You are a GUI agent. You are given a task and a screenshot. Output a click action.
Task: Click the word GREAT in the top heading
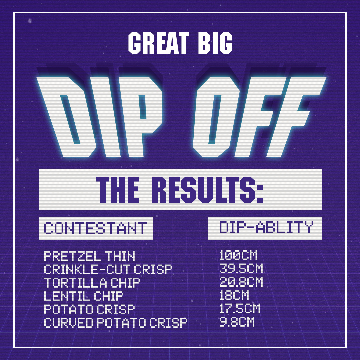pos(159,43)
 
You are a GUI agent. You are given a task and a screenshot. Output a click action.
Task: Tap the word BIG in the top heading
pos(215,43)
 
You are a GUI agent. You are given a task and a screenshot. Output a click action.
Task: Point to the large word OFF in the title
pos(259,117)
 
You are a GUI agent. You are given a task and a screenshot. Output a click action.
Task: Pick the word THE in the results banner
pos(118,190)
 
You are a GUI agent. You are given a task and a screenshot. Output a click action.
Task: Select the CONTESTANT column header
pos(95,228)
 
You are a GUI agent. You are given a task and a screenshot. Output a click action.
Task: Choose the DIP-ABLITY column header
pos(266,227)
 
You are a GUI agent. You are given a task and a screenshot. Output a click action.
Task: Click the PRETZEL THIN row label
pos(89,256)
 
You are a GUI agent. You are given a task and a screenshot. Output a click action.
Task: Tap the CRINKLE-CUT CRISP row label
pos(108,269)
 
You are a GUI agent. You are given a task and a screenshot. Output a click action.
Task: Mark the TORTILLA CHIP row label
pos(92,283)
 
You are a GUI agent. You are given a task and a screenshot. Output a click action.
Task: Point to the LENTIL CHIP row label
pos(84,296)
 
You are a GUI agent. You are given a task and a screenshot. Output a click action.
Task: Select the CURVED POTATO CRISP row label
pos(115,323)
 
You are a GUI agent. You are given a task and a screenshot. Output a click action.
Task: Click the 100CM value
pos(238,255)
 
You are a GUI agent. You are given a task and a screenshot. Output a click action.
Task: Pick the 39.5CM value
pos(241,269)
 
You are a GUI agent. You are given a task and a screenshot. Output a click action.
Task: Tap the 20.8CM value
pos(241,282)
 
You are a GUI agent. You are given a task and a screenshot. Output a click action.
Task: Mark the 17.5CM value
pos(240,309)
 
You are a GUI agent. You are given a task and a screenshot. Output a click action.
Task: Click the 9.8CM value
pos(237,322)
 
